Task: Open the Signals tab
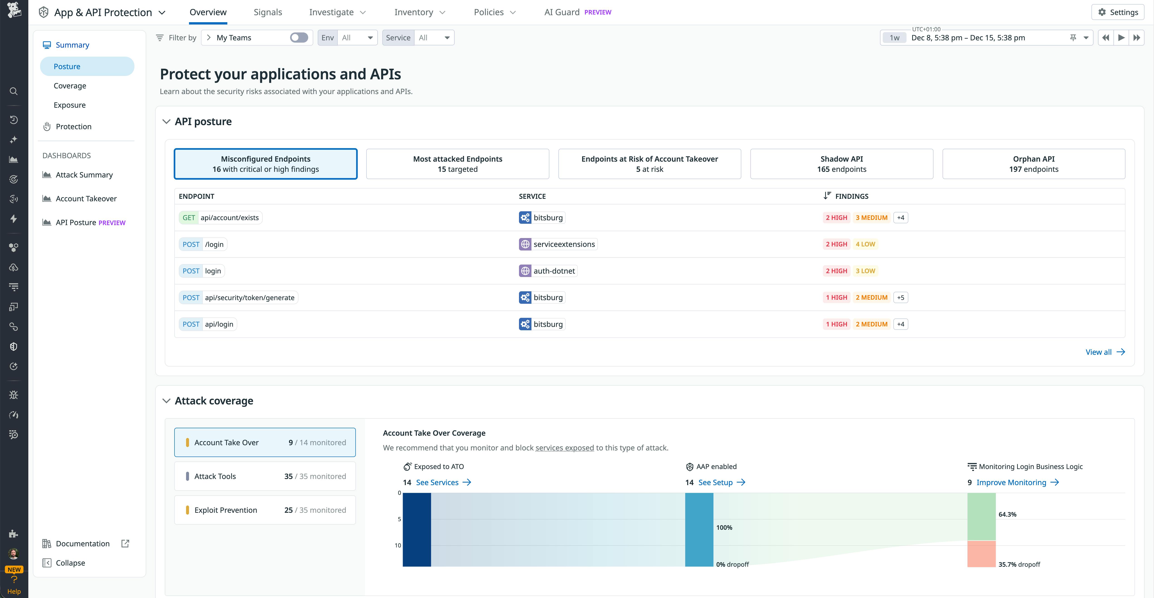267,12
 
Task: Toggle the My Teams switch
299,38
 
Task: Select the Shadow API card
841,164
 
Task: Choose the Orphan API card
1033,164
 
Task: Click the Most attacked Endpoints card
457,164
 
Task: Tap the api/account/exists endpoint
229,218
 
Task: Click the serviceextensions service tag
564,244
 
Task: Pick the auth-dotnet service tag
554,271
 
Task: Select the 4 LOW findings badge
865,244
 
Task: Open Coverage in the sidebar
70,85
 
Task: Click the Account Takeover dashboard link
86,198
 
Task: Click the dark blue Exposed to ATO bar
417,530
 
